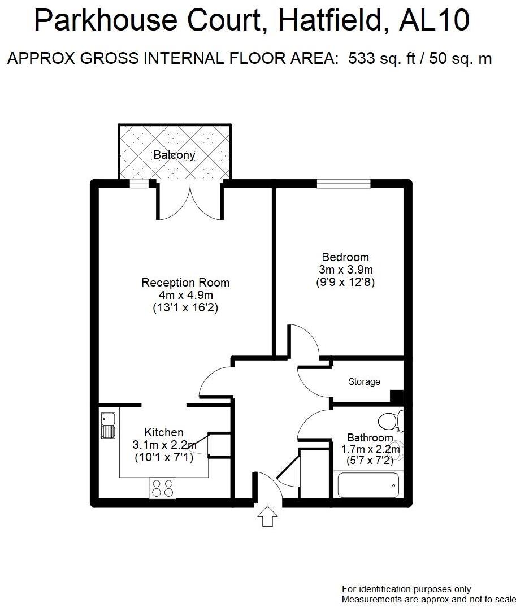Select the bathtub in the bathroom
tap(368, 485)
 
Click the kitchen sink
tap(107, 426)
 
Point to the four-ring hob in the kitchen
tap(162, 488)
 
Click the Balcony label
tap(174, 155)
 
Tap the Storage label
tap(364, 382)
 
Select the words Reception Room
tap(185, 283)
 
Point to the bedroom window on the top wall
tap(344, 183)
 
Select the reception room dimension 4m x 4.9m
tap(185, 296)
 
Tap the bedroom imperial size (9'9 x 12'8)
tap(345, 282)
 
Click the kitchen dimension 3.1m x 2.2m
tap(164, 445)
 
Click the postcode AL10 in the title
tap(433, 21)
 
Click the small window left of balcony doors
tap(139, 183)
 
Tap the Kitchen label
tap(164, 432)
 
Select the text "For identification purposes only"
tap(406, 589)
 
